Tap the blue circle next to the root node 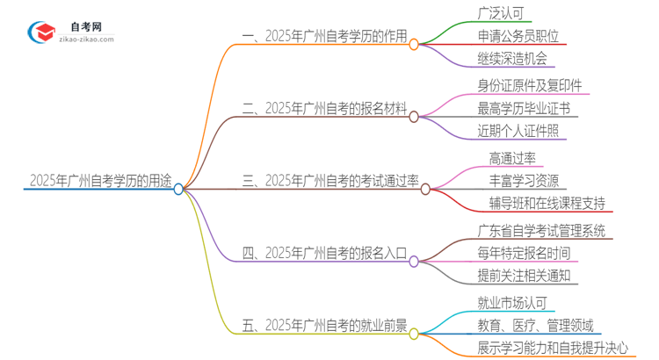(x=178, y=189)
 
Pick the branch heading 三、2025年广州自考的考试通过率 (x=330, y=182)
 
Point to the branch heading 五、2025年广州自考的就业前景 (x=324, y=327)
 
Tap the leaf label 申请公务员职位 (x=518, y=37)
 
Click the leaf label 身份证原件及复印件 (x=530, y=85)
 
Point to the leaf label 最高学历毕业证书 (x=524, y=109)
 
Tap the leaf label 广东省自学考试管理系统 (x=541, y=231)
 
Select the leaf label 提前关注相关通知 (x=524, y=277)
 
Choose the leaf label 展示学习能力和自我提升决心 (x=553, y=349)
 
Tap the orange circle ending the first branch (x=414, y=43)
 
